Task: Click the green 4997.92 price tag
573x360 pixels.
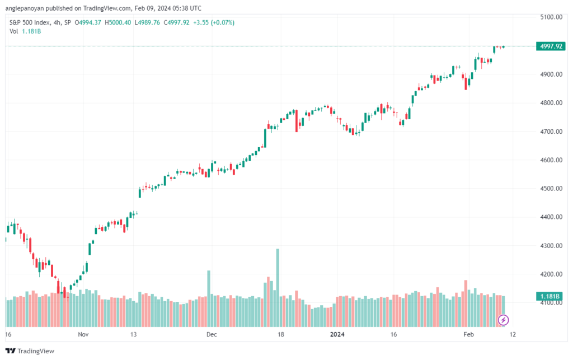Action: coord(551,46)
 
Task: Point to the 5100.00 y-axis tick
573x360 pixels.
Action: coord(551,17)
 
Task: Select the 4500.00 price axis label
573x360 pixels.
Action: coord(551,189)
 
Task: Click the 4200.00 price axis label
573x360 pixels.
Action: coord(551,274)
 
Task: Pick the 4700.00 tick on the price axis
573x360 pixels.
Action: coord(551,132)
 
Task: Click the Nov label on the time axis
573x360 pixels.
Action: coord(83,334)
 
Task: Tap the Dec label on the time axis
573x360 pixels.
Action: coord(212,334)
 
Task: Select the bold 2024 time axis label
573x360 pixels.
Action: coord(337,334)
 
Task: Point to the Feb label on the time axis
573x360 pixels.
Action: coord(468,334)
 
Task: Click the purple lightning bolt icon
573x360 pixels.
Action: coord(503,320)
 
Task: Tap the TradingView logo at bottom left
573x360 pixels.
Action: coord(30,351)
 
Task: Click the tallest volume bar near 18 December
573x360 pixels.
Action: coord(278,288)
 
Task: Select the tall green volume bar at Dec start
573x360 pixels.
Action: coord(209,298)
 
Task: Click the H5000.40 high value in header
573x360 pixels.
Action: coord(118,22)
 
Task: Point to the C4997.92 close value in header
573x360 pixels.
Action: coord(176,22)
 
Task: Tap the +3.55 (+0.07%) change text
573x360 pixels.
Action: coord(214,22)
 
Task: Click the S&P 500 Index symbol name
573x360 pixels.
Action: coord(30,22)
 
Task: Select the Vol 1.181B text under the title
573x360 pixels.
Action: coord(25,31)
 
